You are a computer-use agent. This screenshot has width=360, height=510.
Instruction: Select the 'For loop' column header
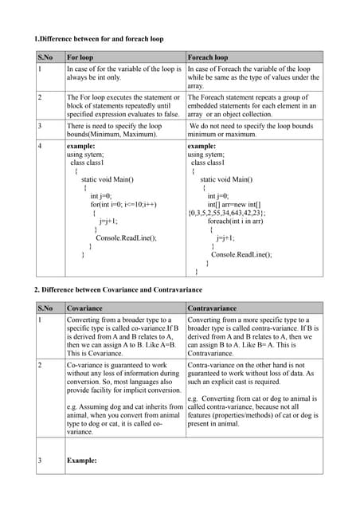pyautogui.click(x=80, y=57)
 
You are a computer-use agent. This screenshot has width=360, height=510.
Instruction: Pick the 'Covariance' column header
pyautogui.click(x=84, y=308)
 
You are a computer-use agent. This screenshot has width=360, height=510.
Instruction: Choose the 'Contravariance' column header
pyautogui.click(x=213, y=308)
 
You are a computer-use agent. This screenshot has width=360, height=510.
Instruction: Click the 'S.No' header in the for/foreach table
pyautogui.click(x=45, y=57)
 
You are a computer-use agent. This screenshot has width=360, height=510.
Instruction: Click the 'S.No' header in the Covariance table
pyautogui.click(x=45, y=308)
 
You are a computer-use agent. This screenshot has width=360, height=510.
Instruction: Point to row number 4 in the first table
pyautogui.click(x=40, y=147)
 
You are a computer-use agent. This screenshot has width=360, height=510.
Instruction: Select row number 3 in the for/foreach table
pyautogui.click(x=40, y=125)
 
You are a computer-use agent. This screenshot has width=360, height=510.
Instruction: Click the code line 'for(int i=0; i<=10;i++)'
pyautogui.click(x=123, y=204)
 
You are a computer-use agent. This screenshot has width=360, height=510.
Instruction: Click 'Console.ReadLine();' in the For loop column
pyautogui.click(x=126, y=237)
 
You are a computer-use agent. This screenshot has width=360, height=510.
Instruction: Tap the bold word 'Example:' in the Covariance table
pyautogui.click(x=81, y=461)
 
